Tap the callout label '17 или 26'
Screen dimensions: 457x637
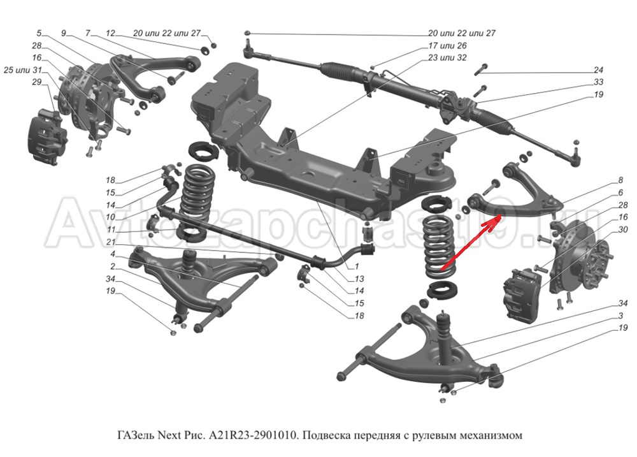(x=447, y=46)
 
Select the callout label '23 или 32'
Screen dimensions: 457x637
(x=447, y=57)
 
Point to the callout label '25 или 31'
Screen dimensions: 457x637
(x=22, y=69)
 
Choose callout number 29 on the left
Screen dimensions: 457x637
(x=36, y=82)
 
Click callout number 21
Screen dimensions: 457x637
(x=111, y=243)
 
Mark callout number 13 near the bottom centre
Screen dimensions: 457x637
(x=360, y=279)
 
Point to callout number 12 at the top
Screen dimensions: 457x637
(x=110, y=33)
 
